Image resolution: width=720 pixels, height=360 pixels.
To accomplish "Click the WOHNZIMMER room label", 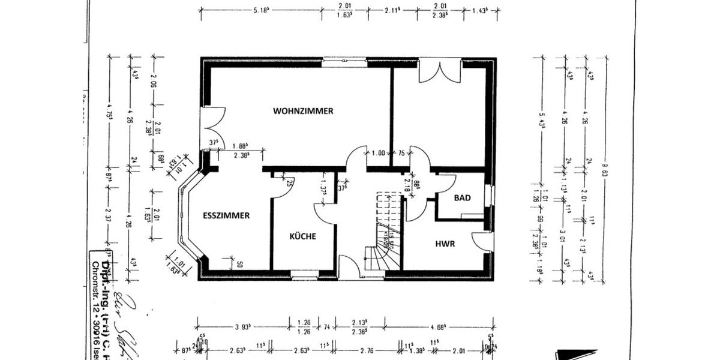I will pos(303,111).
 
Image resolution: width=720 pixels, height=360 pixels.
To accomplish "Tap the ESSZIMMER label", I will pos(226,216).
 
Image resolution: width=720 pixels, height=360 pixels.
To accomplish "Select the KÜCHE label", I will pos(302,236).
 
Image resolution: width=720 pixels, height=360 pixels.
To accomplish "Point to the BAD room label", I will pos(461,197).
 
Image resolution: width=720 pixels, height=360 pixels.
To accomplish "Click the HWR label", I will pos(445,244).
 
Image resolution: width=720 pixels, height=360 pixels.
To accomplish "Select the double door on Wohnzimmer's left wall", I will pos(212,128).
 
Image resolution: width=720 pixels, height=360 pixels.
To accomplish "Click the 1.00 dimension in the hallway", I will pos(378,153).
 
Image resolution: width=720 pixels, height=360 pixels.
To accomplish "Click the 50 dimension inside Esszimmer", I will pos(239,264).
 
